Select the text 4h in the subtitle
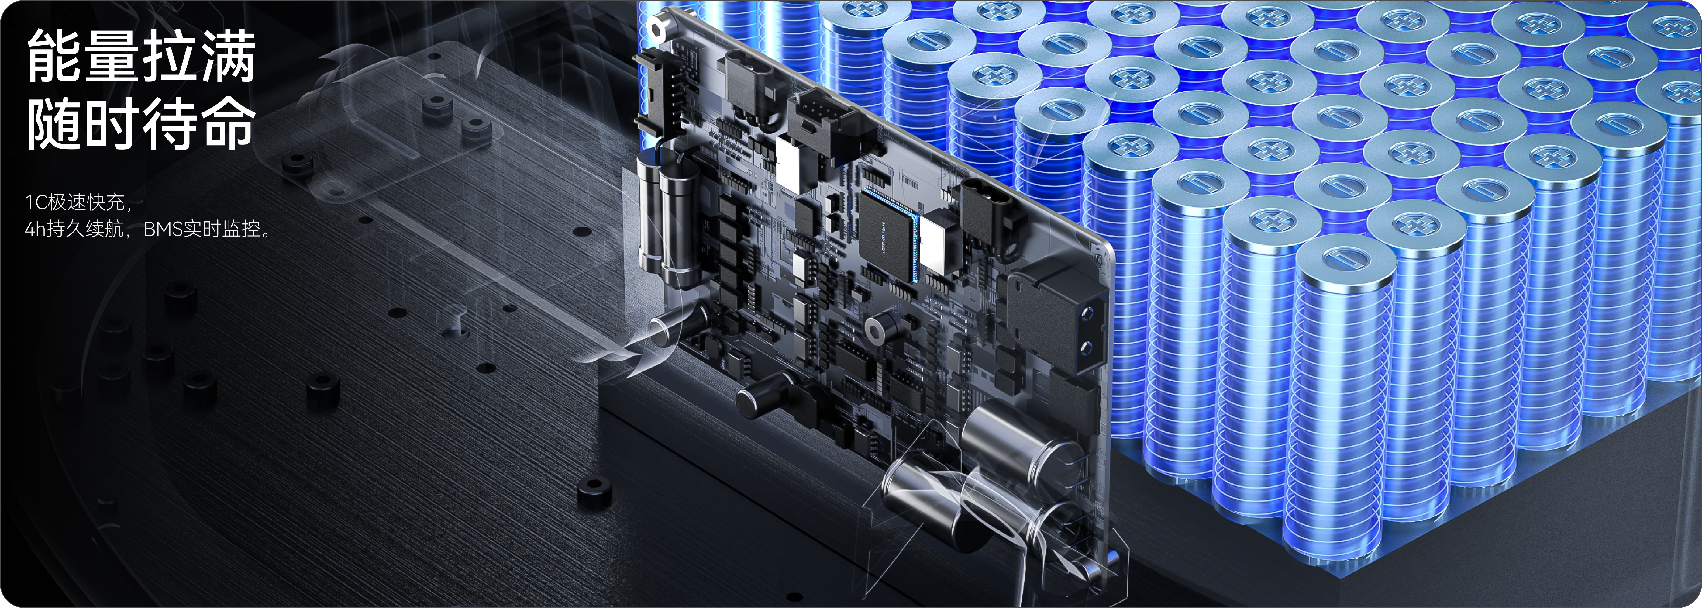pyautogui.click(x=35, y=229)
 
